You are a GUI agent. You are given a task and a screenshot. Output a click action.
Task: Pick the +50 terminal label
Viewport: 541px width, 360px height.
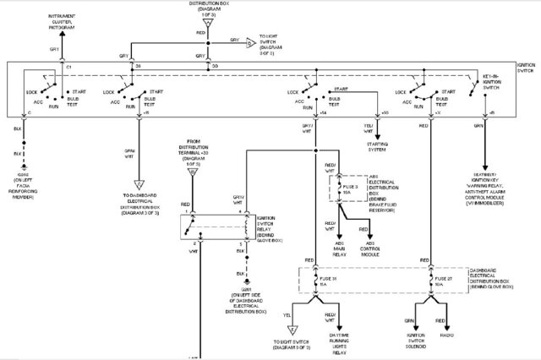385,112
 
